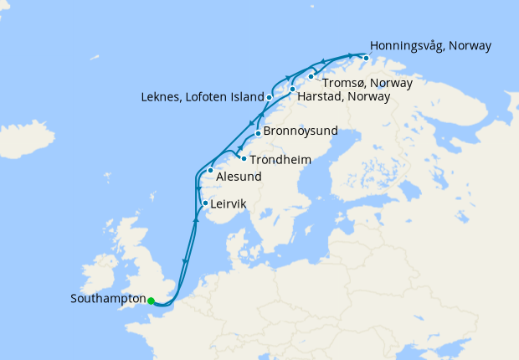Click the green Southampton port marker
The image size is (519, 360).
(x=151, y=301)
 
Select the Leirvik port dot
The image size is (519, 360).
(x=205, y=203)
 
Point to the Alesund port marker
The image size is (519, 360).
(x=210, y=171)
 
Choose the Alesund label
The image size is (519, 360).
(x=239, y=177)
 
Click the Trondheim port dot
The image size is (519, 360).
(x=244, y=158)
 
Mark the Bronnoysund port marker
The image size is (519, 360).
(x=258, y=132)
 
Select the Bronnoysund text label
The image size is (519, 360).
(x=301, y=131)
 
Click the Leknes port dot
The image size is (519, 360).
(x=269, y=98)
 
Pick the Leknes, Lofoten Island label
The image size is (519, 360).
(x=203, y=98)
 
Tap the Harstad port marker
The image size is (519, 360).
(x=292, y=89)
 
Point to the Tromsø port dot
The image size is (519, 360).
(x=311, y=77)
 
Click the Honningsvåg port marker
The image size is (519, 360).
(x=365, y=58)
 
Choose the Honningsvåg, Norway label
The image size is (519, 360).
(x=430, y=45)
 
